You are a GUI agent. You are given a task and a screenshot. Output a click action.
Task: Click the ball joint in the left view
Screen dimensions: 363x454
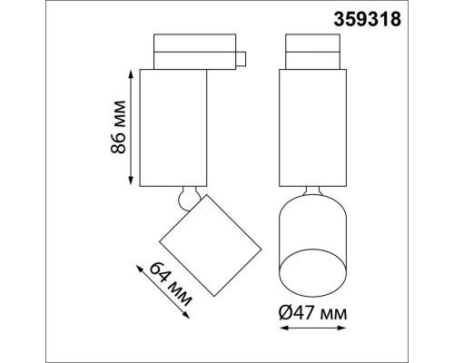pyautogui.click(x=187, y=197)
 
